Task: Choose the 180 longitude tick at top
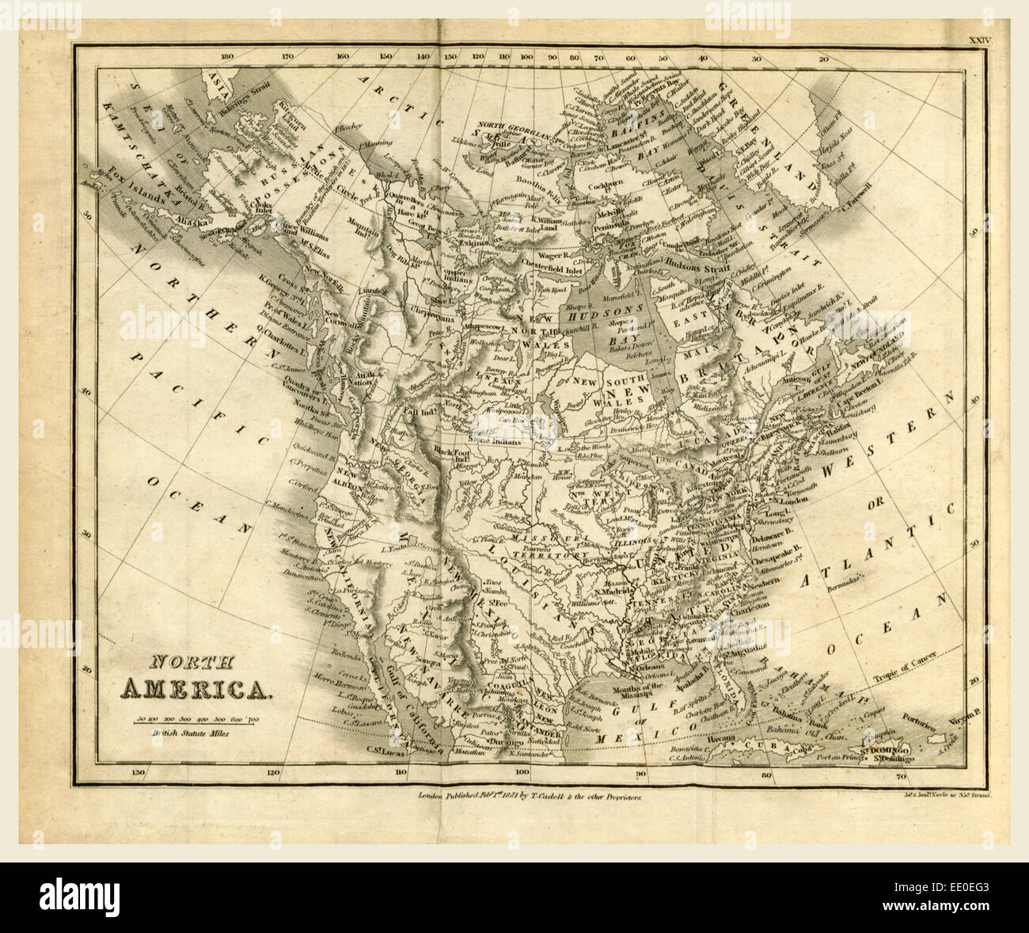pos(228,57)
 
